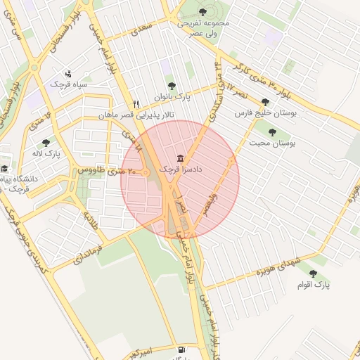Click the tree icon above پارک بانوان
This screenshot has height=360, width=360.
(172, 86)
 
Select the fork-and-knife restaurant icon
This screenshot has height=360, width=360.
(136, 103)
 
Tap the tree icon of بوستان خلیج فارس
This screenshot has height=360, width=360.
(264, 101)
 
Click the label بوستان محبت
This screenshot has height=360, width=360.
(273, 143)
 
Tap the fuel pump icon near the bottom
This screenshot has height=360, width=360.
(182, 349)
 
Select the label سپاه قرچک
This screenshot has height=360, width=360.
(68, 84)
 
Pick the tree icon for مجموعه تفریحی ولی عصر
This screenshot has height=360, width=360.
(203, 11)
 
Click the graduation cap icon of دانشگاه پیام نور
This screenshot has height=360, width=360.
(4, 168)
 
